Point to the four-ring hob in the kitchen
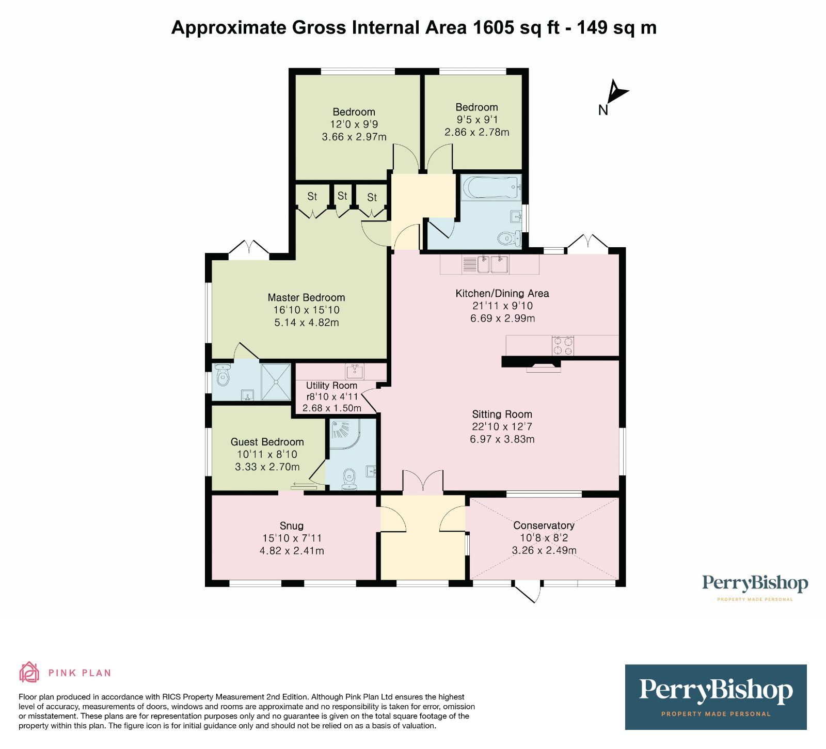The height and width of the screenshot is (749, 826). (x=563, y=345)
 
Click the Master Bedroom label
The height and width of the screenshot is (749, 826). (x=306, y=297)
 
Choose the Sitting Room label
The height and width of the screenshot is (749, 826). (x=502, y=414)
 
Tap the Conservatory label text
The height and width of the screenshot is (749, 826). (x=544, y=525)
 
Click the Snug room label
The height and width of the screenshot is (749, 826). (x=292, y=525)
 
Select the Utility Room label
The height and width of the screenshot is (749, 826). (x=331, y=385)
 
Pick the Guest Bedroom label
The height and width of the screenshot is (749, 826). (x=267, y=442)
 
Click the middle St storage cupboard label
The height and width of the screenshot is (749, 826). (x=342, y=196)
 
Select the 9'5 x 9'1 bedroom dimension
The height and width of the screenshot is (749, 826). (x=476, y=120)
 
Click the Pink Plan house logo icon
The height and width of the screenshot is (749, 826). (x=29, y=672)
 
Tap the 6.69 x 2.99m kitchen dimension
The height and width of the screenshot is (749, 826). (x=502, y=318)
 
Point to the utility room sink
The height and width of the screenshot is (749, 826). (x=355, y=371)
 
